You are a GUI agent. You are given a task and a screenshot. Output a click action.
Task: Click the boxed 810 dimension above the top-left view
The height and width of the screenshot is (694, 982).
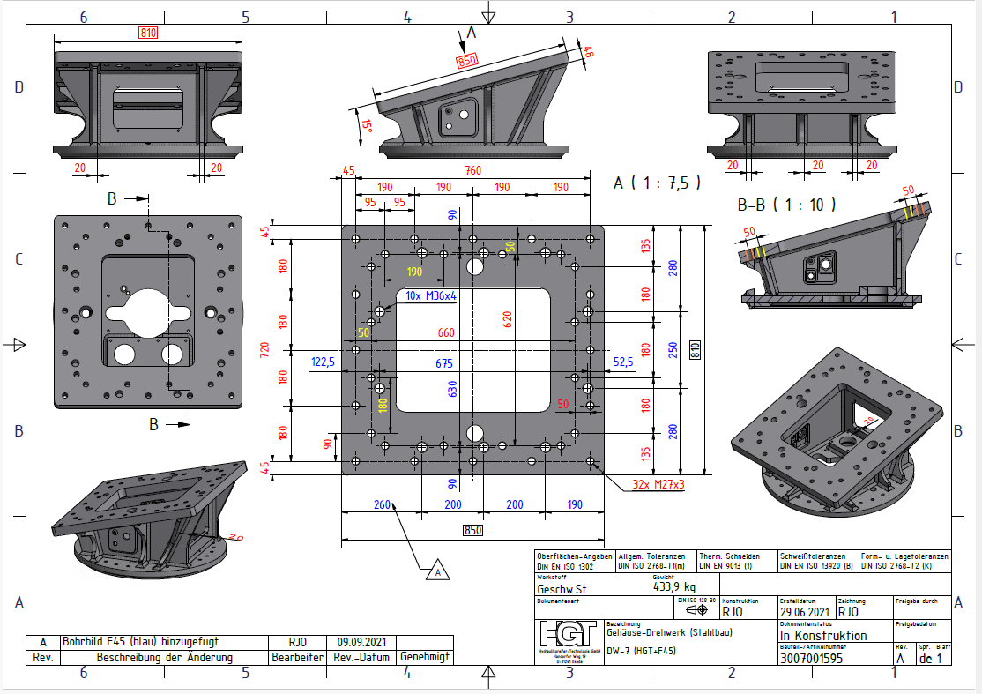click(x=148, y=33)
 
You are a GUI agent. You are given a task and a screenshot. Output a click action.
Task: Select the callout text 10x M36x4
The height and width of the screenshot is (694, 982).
click(x=431, y=295)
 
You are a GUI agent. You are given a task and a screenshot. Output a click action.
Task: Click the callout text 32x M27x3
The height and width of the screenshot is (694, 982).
click(x=658, y=484)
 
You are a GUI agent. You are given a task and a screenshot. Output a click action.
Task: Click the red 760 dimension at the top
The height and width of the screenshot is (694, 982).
click(x=473, y=170)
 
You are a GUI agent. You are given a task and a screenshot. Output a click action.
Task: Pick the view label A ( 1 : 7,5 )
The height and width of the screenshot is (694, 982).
click(x=658, y=183)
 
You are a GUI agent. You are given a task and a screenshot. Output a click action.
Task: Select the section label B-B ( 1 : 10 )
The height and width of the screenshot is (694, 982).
click(x=786, y=205)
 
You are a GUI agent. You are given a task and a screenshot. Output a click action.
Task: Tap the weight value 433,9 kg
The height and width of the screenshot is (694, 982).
click(x=674, y=587)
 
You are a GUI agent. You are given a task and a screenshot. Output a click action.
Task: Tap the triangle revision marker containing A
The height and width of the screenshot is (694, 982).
click(x=436, y=572)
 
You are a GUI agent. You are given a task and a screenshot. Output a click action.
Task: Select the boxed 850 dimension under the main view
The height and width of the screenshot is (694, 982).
click(x=472, y=530)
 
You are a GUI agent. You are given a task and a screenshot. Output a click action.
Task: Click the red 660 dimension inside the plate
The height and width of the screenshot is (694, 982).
click(x=446, y=332)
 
